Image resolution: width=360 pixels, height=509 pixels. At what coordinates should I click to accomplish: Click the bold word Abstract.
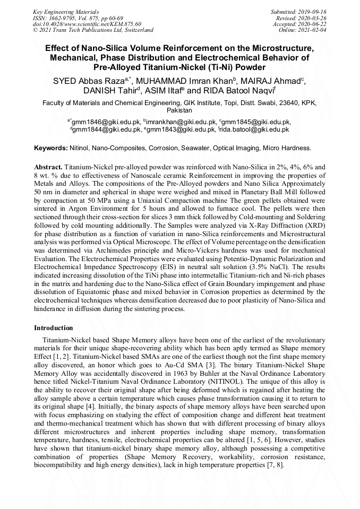click(48, 166)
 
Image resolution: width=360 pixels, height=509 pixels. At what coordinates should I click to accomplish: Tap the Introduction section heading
click(54, 328)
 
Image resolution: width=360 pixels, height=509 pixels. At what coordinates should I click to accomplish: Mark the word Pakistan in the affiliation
click(180, 110)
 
